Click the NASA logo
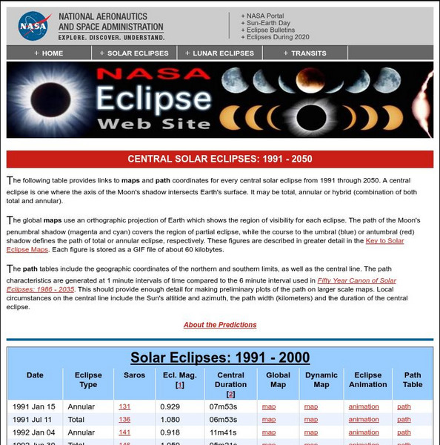pyautogui.click(x=33, y=26)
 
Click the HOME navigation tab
pyautogui.click(x=49, y=53)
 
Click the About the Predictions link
pyautogui.click(x=220, y=325)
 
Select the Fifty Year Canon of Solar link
pyautogui.click(x=356, y=280)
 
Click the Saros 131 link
pyautogui.click(x=124, y=406)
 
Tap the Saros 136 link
pyautogui.click(x=124, y=420)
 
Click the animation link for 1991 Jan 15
pyautogui.click(x=364, y=406)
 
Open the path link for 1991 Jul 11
pyautogui.click(x=404, y=420)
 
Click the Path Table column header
pyautogui.click(x=413, y=380)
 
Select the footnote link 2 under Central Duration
pyautogui.click(x=231, y=395)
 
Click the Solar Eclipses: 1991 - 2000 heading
pyautogui.click(x=220, y=357)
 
